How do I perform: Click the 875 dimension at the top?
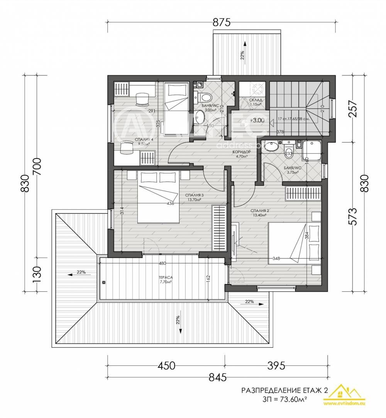222,23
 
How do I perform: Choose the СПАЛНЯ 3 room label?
194,195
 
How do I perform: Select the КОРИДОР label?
242,152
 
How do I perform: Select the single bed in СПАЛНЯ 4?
176,108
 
